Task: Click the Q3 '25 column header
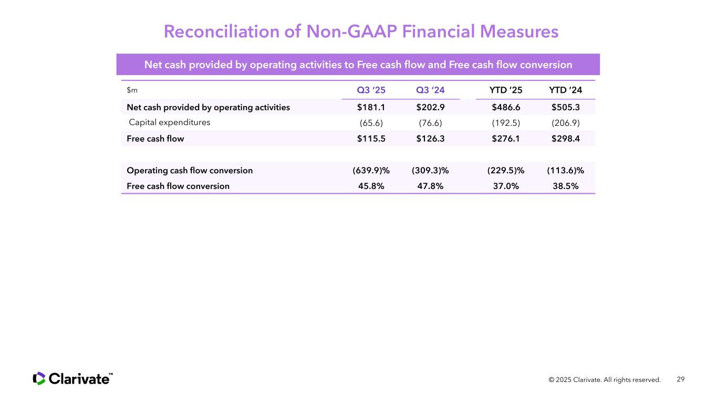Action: (371, 90)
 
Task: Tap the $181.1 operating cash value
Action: (371, 107)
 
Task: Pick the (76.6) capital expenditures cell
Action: (430, 123)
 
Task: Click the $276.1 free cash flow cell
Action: (506, 139)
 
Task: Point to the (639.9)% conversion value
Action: (371, 171)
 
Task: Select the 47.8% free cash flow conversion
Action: (430, 186)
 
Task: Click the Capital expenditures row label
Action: (170, 122)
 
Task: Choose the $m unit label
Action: (132, 90)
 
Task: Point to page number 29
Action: (681, 379)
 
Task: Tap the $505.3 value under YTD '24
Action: (565, 107)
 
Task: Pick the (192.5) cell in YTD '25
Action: (506, 123)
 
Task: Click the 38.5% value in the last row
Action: (565, 186)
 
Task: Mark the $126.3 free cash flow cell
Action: (430, 139)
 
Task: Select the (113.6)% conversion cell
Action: (565, 171)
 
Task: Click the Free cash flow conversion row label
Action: (178, 186)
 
